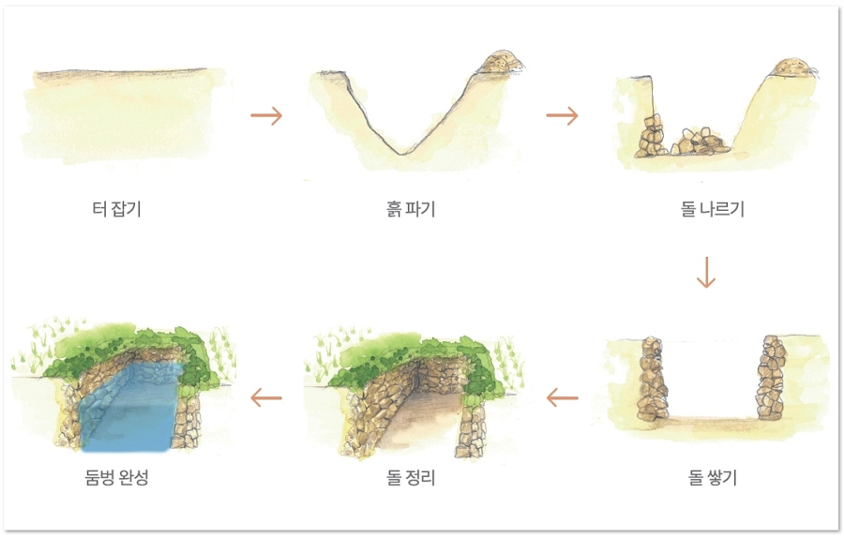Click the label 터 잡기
(x=117, y=208)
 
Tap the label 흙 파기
(x=411, y=208)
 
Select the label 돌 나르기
(x=712, y=208)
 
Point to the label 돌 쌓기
(x=712, y=477)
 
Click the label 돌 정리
(x=411, y=477)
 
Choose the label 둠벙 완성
(x=117, y=477)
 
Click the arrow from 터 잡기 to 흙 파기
(x=266, y=115)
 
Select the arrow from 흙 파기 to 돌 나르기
(x=562, y=115)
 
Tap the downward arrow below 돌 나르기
(x=705, y=272)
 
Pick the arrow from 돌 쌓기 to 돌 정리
(x=562, y=398)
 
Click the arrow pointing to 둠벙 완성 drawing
(x=266, y=398)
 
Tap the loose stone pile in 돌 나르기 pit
(x=700, y=142)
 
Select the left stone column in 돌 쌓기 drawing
(x=653, y=379)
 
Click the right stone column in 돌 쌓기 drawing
(x=771, y=378)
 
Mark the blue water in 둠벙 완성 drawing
(x=129, y=410)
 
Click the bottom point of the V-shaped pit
(x=399, y=155)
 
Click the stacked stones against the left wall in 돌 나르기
(x=650, y=137)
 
